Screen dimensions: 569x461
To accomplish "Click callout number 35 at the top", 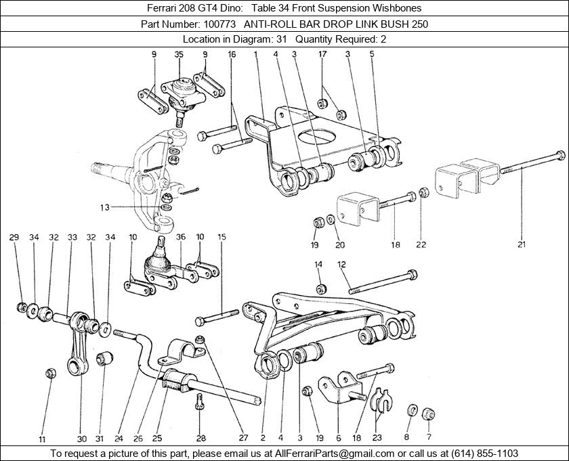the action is (179, 55).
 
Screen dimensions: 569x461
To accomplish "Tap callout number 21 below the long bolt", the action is (522, 245).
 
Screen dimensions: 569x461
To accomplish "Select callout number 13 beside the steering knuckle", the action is (105, 208).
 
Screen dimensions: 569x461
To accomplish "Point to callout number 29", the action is (14, 238).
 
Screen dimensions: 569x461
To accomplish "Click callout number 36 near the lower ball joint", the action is (181, 237).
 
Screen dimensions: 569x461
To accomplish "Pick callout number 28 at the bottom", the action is (201, 439).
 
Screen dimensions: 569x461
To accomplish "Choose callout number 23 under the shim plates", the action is (377, 438).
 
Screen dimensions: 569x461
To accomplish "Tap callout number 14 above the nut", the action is (318, 265).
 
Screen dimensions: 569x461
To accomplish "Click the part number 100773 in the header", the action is (219, 24).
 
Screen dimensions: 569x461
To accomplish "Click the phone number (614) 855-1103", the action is (484, 454).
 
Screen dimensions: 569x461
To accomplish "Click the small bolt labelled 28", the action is (199, 401).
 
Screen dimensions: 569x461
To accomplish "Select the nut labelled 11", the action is (51, 373).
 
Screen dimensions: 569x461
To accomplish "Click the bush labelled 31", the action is (104, 357).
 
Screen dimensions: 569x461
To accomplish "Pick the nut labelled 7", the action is (429, 414).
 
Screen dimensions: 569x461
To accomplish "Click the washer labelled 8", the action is (413, 410).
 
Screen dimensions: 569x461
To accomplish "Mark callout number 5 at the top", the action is (372, 55).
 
